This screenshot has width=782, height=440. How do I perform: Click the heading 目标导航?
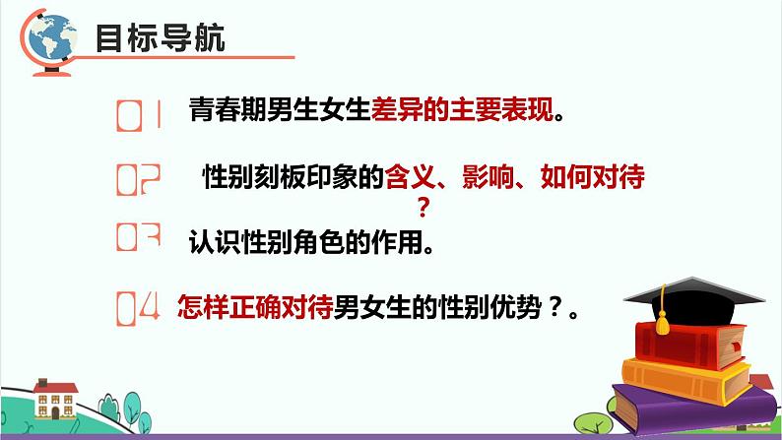(x=160, y=39)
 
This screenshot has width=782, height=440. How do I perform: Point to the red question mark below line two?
(x=425, y=207)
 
